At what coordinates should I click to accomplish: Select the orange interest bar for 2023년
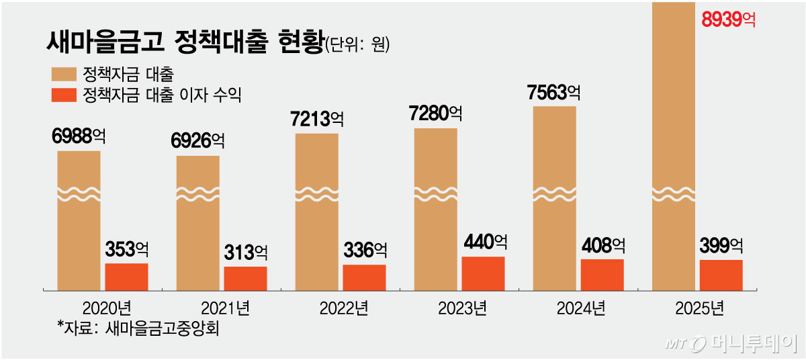tap(483, 273)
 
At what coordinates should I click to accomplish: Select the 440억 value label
tap(486, 241)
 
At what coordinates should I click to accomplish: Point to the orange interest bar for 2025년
tap(721, 275)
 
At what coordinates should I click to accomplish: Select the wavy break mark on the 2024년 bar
tap(554, 193)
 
